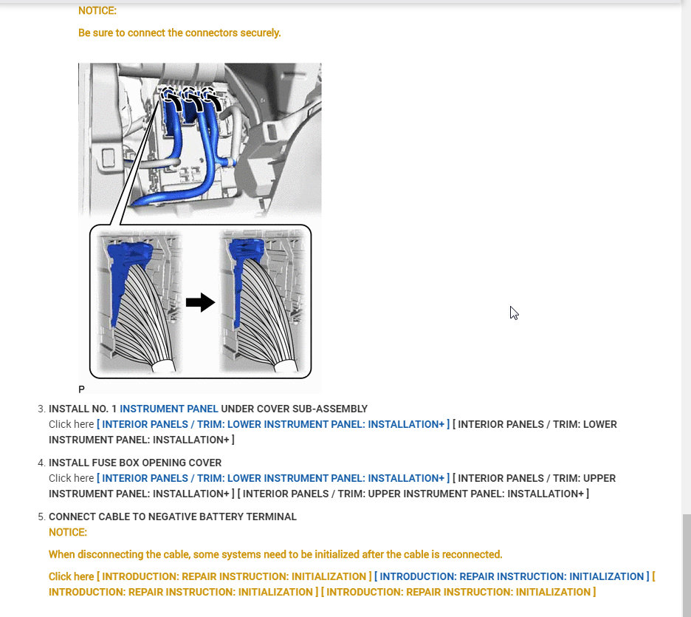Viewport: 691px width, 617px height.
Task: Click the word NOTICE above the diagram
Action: point(97,11)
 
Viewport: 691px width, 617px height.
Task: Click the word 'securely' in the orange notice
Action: point(261,33)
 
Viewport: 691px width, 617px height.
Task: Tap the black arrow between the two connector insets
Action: point(200,302)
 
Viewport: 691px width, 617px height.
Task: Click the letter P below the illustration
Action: point(81,389)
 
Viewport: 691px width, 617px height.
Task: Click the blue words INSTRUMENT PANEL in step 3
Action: point(169,409)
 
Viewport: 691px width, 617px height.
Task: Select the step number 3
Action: point(41,409)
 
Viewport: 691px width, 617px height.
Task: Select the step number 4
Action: point(41,463)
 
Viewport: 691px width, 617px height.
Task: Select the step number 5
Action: point(41,517)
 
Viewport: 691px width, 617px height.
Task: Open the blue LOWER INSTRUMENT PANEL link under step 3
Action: point(272,424)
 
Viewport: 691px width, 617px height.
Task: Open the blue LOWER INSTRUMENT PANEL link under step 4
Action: point(272,478)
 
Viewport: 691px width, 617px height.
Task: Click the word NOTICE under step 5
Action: point(68,532)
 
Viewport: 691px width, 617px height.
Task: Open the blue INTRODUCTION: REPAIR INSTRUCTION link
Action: point(512,576)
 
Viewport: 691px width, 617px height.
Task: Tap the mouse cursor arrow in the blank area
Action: point(513,311)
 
